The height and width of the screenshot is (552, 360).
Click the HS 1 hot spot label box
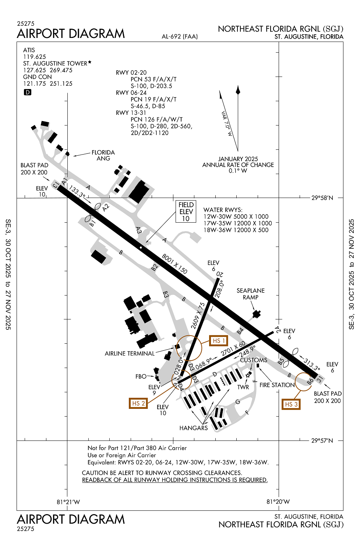click(218, 341)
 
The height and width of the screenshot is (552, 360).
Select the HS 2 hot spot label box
click(138, 403)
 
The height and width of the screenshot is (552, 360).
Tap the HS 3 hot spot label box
click(291, 404)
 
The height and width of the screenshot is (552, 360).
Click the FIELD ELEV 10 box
click(186, 212)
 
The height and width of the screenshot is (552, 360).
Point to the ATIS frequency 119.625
click(35, 57)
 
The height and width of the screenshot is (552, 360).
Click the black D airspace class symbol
click(28, 92)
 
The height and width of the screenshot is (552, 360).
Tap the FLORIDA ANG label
click(103, 155)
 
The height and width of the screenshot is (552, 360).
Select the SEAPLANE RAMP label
click(250, 294)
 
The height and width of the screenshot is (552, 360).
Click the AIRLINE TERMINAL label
click(130, 353)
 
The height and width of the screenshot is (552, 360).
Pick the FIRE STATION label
click(277, 385)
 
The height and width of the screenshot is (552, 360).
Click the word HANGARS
click(194, 428)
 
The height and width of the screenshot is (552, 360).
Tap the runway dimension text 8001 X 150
click(174, 264)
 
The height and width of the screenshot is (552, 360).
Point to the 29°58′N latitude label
click(322, 198)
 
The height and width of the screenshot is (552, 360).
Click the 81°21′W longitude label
click(68, 502)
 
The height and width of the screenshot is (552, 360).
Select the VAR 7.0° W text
click(227, 124)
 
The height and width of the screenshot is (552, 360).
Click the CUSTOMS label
click(254, 360)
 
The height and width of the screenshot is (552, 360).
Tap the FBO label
click(141, 376)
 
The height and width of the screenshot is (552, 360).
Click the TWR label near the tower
click(243, 387)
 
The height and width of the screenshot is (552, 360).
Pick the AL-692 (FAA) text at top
click(180, 36)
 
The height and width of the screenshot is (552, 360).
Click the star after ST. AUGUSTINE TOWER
click(89, 63)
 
